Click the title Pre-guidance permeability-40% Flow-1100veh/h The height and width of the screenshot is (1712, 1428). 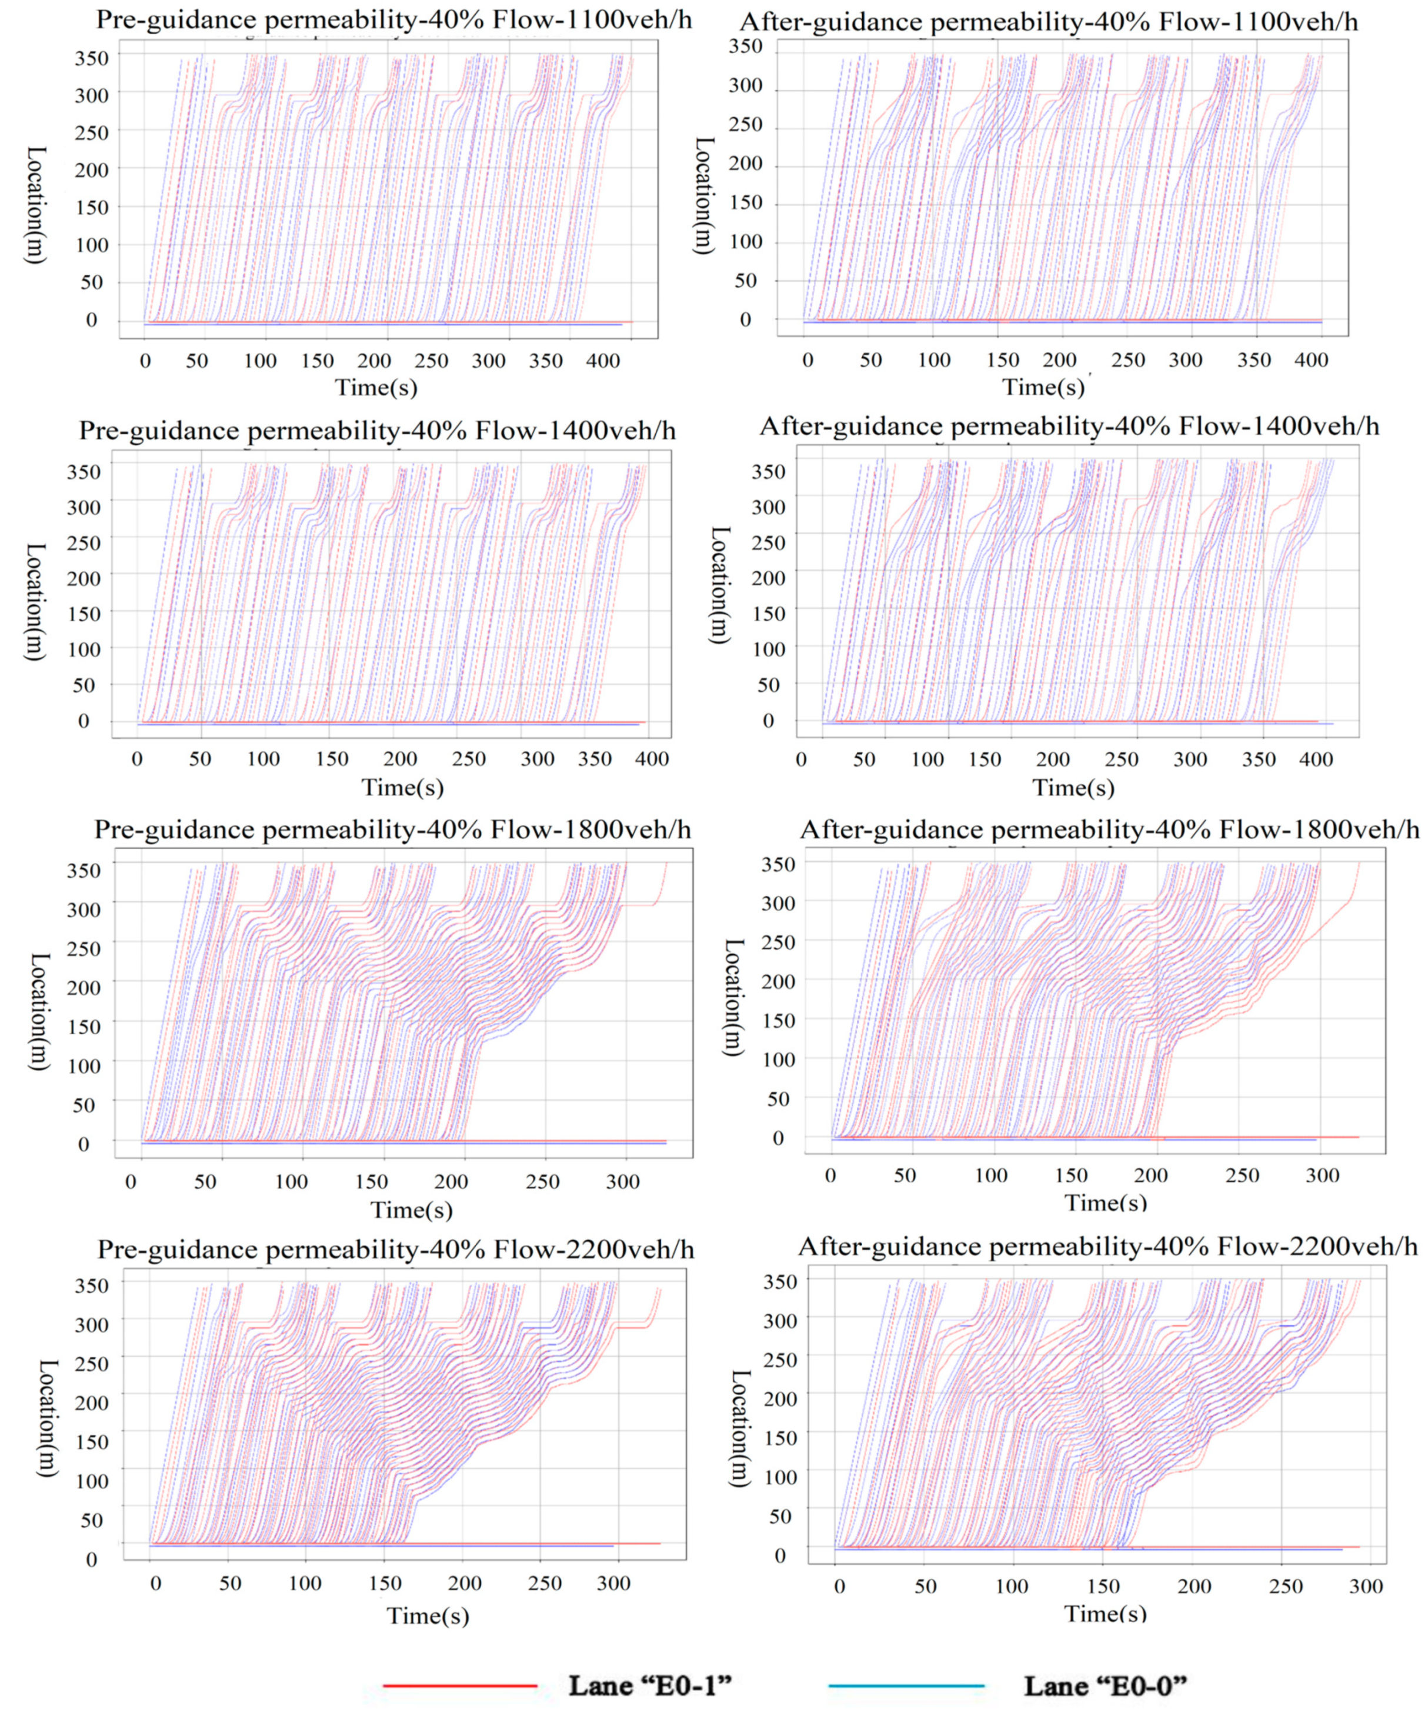pyautogui.click(x=393, y=19)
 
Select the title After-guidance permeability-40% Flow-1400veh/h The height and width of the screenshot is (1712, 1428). pyautogui.click(x=1069, y=425)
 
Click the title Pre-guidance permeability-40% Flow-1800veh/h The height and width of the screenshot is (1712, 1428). pyautogui.click(x=392, y=830)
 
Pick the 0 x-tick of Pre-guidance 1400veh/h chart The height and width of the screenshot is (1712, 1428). pyautogui.click(x=137, y=759)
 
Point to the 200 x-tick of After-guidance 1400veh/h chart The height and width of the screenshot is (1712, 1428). pyautogui.click(x=1053, y=759)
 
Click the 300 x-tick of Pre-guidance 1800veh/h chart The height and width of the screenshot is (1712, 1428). pyautogui.click(x=623, y=1181)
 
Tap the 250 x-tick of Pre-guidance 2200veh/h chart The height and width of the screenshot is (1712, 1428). pyautogui.click(x=545, y=1583)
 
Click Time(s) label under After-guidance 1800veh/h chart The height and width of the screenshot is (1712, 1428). pyautogui.click(x=1105, y=1202)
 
